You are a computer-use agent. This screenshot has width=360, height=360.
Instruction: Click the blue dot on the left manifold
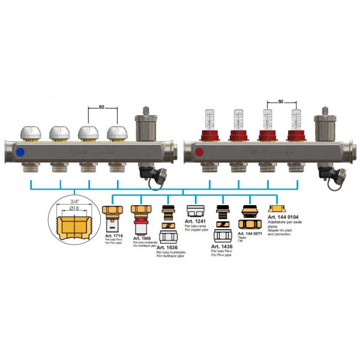[x=22, y=152]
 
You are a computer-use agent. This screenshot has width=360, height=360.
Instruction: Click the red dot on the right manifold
[x=199, y=152]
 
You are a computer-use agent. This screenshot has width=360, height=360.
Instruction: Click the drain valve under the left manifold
[x=145, y=173]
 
